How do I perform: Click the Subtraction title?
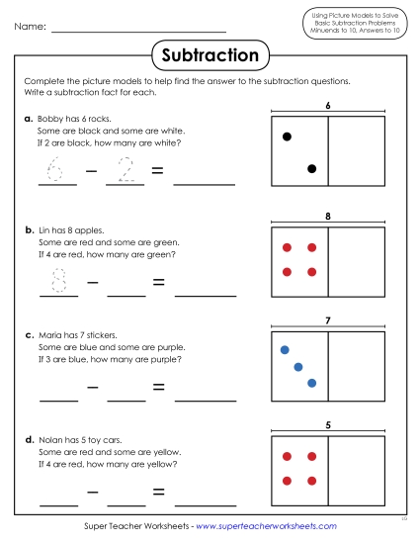coord(210,55)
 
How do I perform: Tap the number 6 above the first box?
coord(326,106)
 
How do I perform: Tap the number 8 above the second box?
coord(326,216)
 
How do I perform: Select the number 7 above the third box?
coord(326,320)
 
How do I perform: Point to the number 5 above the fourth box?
coord(326,426)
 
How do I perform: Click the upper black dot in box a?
coord(287,136)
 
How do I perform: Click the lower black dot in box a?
coord(311,169)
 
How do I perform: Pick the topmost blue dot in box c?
coord(285,349)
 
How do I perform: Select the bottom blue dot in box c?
coord(311,383)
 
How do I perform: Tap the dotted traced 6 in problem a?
coord(57,170)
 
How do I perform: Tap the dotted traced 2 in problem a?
coord(126,170)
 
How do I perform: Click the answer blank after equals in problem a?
coord(205,178)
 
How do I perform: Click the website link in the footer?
coord(267,526)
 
